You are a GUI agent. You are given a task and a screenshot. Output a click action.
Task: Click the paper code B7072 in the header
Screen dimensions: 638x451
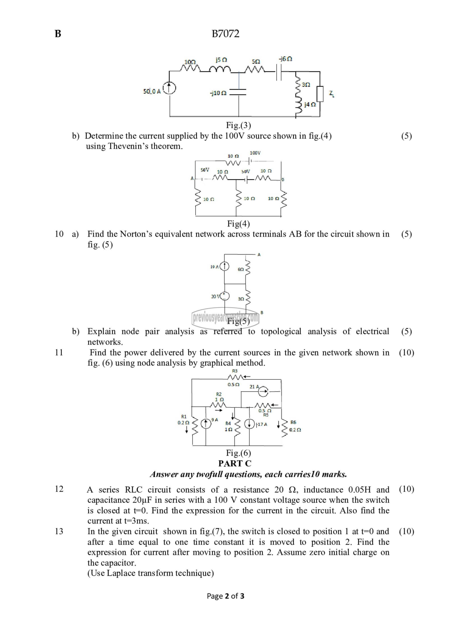(x=225, y=34)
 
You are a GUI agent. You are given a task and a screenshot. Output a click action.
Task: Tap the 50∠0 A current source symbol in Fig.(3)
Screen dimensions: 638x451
(x=169, y=89)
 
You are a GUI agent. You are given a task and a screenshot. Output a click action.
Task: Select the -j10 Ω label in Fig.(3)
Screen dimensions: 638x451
(x=218, y=93)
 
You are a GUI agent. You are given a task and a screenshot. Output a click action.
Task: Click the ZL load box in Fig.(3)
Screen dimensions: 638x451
(x=320, y=94)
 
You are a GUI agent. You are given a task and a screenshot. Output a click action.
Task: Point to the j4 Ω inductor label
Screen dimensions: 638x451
(x=310, y=105)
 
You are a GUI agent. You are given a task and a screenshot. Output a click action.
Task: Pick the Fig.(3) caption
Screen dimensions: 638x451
(x=238, y=125)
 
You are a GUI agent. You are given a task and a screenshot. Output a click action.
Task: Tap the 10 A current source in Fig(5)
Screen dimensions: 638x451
(x=224, y=266)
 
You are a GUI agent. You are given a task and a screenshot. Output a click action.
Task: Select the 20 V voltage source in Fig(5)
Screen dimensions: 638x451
(x=224, y=296)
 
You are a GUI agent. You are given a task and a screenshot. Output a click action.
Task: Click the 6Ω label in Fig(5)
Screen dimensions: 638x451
(x=241, y=270)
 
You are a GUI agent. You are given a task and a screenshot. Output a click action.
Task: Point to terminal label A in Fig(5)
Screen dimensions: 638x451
(x=259, y=255)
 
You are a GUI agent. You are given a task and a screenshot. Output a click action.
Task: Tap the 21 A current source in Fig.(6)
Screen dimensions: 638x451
(x=263, y=391)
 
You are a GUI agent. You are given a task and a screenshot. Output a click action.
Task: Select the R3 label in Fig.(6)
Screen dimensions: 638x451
(x=235, y=371)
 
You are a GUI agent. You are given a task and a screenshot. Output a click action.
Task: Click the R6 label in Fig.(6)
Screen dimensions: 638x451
(x=293, y=422)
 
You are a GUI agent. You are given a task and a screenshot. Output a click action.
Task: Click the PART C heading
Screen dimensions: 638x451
(x=235, y=463)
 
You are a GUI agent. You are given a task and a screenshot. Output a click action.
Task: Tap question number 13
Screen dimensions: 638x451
(x=59, y=531)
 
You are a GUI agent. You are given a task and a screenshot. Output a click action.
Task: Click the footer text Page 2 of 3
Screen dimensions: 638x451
(x=225, y=596)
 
